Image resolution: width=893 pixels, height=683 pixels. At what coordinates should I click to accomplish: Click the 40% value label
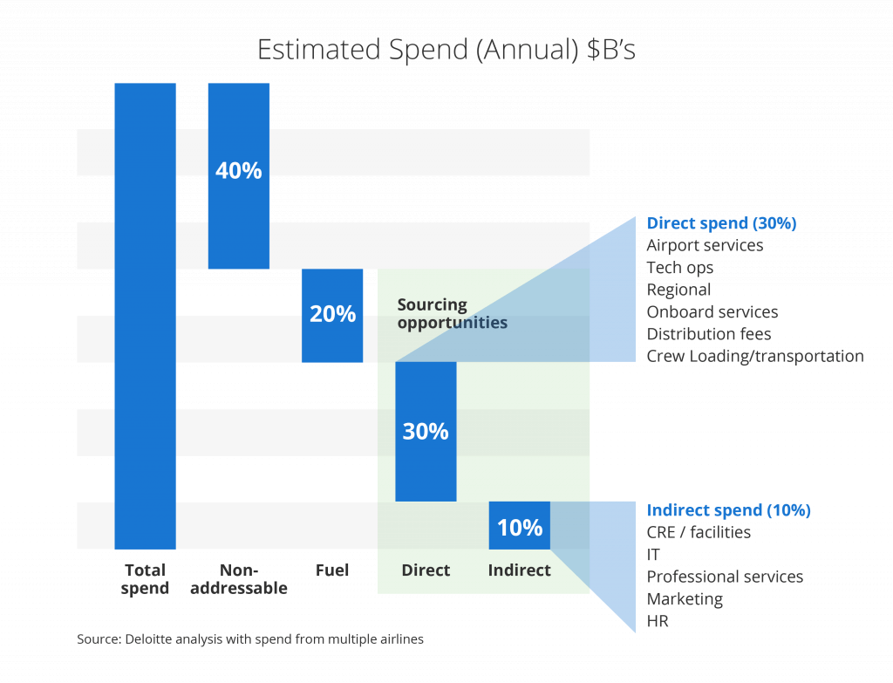tap(238, 171)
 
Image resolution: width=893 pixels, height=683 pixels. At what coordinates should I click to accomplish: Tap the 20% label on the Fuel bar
tap(332, 314)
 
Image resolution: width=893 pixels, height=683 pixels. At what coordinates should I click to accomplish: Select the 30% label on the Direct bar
tap(426, 431)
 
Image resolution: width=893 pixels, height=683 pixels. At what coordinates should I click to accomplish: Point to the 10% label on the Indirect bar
tap(520, 528)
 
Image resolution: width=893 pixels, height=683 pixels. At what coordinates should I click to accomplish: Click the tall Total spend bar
tap(145, 314)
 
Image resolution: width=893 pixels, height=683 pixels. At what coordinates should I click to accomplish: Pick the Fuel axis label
tap(332, 570)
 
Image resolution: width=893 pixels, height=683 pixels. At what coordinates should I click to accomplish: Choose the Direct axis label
tap(426, 570)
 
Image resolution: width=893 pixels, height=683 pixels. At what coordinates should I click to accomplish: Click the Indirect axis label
tap(520, 570)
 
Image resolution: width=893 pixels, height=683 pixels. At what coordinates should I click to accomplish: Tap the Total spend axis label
tap(146, 578)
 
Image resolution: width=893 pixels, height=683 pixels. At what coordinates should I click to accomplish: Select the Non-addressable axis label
tap(238, 578)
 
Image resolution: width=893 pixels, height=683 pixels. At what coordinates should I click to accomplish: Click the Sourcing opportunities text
tap(452, 314)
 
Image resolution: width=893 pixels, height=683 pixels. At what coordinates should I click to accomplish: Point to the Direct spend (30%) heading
tap(721, 223)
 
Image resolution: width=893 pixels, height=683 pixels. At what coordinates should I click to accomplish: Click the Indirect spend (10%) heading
tap(728, 510)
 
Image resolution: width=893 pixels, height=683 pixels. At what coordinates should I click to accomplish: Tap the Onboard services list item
tap(712, 312)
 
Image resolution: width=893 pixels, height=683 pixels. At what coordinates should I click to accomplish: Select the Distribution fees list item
tap(708, 334)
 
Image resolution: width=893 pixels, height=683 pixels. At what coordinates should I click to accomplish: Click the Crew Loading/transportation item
tap(755, 356)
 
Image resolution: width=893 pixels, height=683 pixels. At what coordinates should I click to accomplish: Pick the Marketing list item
tap(685, 599)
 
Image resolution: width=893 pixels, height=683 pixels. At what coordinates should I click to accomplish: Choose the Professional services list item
tap(725, 577)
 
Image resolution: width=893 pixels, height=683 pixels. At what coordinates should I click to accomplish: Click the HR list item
tap(657, 621)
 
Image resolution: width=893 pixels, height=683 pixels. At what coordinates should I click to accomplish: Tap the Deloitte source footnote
tap(249, 639)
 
